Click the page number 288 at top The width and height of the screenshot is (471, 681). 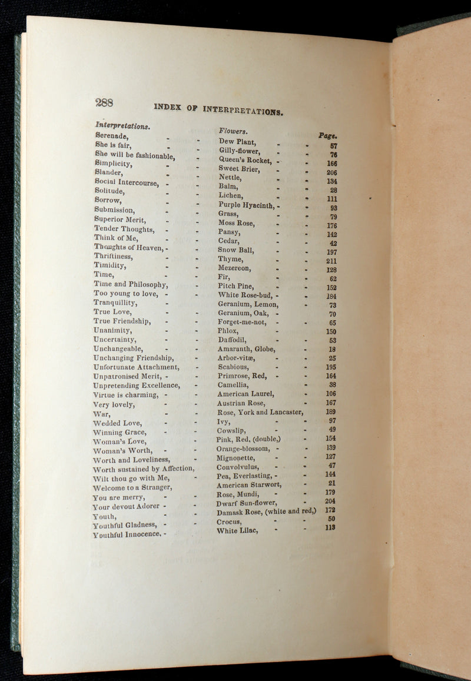[x=104, y=102]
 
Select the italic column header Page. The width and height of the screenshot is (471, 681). [x=327, y=136]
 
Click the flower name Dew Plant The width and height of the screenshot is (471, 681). [x=237, y=142]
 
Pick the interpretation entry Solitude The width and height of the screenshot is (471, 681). [x=110, y=191]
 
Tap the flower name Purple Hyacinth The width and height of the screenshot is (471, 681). [x=246, y=205]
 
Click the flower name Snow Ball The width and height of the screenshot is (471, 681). [x=235, y=250]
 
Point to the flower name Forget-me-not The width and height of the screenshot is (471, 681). [x=242, y=322]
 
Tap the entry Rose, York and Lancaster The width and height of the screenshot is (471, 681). [x=260, y=413]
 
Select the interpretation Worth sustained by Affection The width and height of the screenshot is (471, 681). [x=144, y=469]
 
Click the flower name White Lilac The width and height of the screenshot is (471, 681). [x=235, y=531]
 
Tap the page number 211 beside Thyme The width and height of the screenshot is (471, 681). [x=331, y=261]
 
